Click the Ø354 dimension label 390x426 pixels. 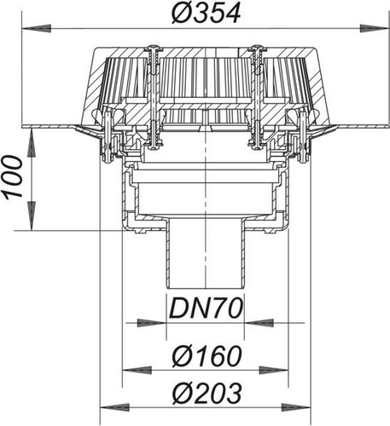coord(206,13)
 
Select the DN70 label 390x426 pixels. coord(206,308)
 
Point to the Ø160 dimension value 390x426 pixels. coord(207,355)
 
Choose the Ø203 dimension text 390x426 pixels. coord(207,394)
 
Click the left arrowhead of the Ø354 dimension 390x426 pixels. coord(36,28)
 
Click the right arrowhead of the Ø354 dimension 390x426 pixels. coord(374,28)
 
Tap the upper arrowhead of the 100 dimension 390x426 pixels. coord(32,142)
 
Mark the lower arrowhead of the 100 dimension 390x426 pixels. coord(32,216)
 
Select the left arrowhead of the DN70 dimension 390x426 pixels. coord(152,323)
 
